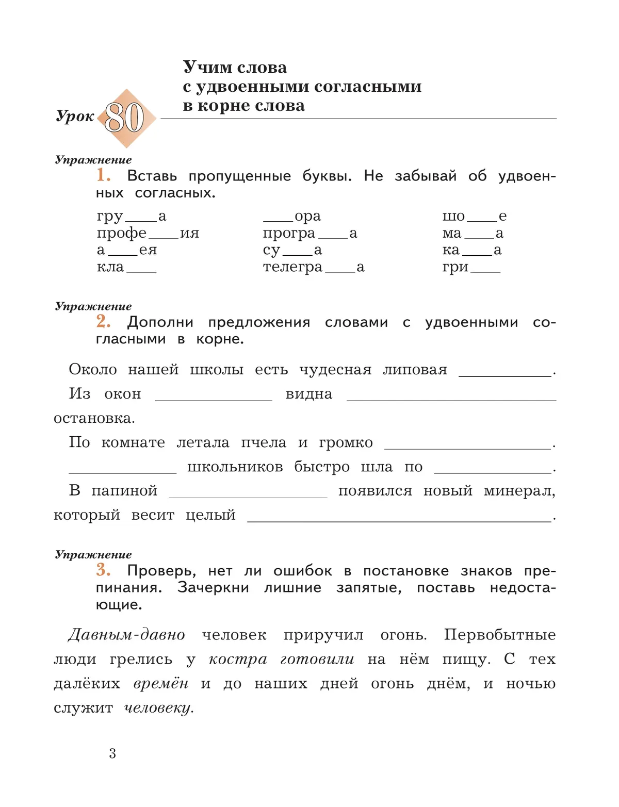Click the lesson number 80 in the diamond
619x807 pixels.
pos(124,118)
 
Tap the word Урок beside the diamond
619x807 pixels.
pos(75,117)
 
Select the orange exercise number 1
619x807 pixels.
pos(103,175)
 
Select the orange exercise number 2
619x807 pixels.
pos(103,322)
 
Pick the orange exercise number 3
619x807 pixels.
pos(103,570)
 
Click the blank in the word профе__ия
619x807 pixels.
pos(163,235)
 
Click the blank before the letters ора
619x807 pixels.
pos(278,218)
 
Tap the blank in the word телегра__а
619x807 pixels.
pos(339,269)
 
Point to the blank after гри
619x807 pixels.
pos(485,269)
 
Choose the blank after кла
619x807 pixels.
pos(141,269)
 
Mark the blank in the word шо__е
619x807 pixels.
pos(482,218)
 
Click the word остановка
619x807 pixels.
pos(93,418)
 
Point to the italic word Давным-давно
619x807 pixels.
pos(126,635)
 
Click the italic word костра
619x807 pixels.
pos(238,660)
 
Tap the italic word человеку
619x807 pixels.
pos(158,708)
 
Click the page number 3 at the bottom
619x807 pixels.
pos(112,754)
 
